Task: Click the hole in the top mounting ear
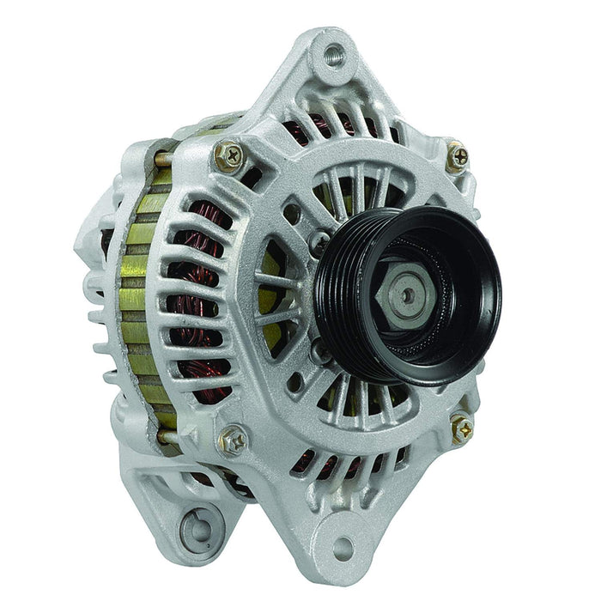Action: click(334, 53)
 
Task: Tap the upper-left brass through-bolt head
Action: click(229, 155)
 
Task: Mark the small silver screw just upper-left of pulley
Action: click(319, 242)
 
